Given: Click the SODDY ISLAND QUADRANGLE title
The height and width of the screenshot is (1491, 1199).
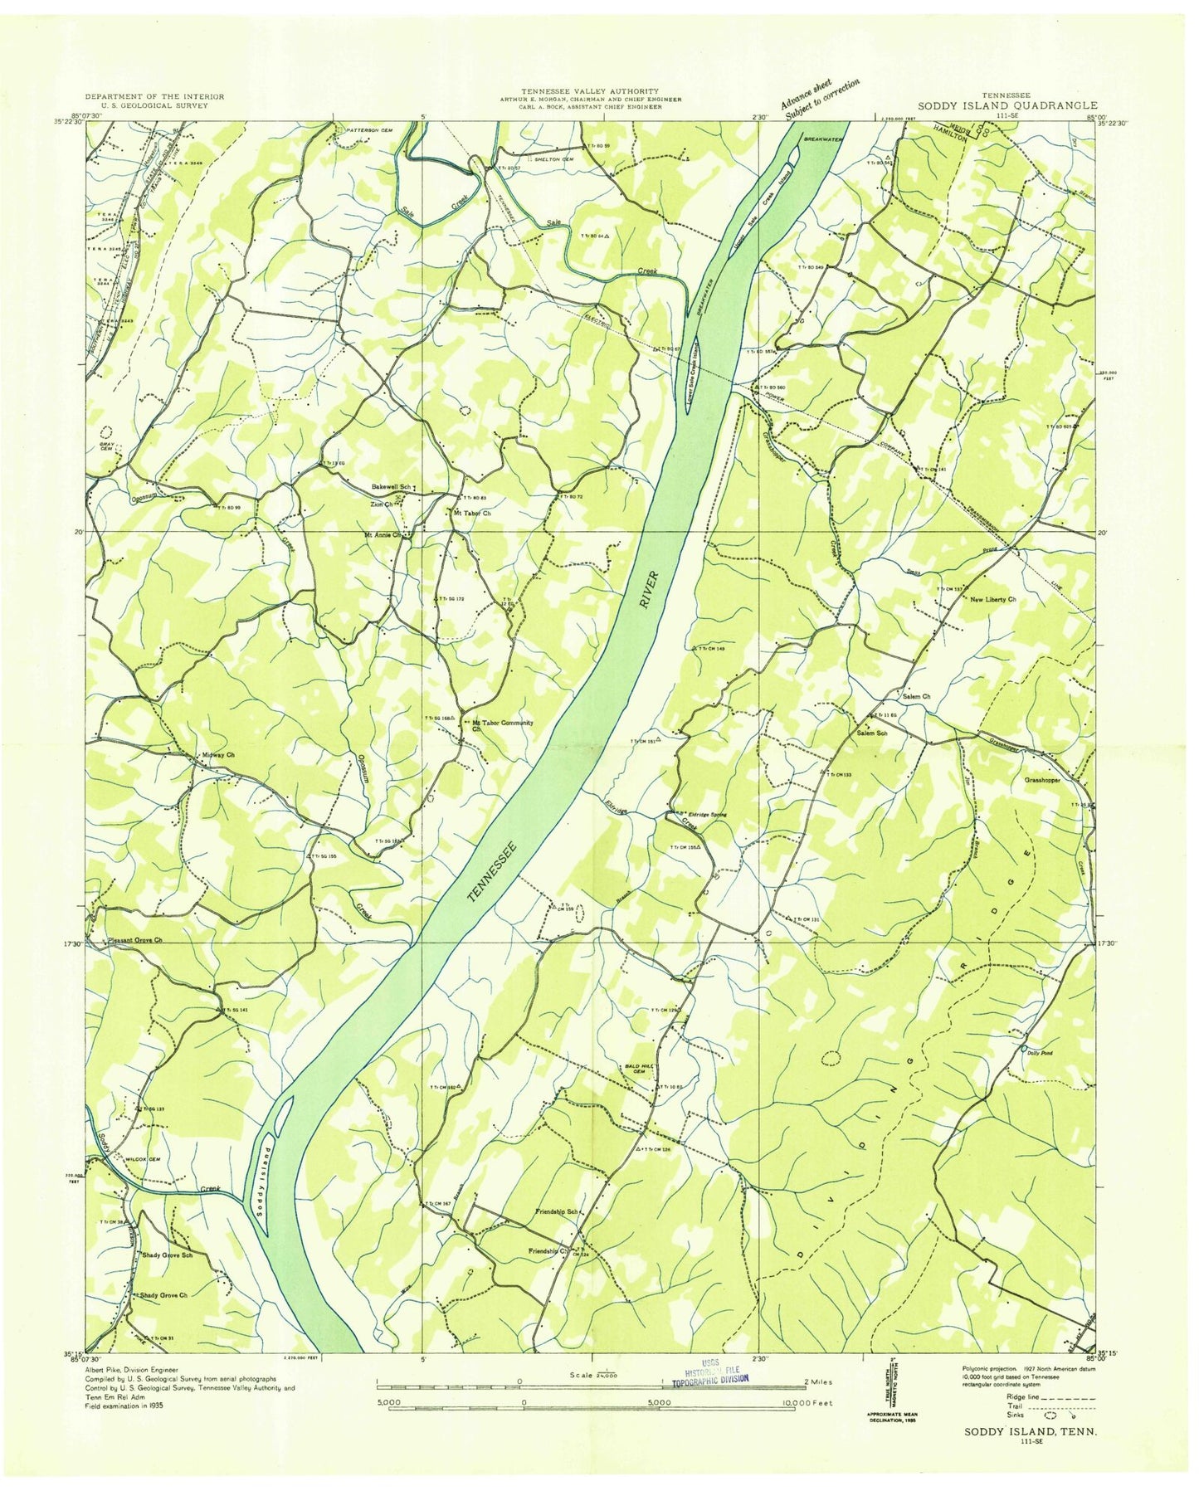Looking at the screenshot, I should click(x=1006, y=106).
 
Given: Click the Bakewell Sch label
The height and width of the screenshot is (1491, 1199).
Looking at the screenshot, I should click(x=392, y=486).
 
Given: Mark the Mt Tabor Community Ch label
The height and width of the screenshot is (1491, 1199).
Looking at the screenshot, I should click(x=501, y=726).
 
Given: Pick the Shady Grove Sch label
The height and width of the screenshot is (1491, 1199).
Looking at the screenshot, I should click(x=166, y=1255).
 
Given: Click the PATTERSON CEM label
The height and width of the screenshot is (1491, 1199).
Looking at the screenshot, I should click(x=362, y=129).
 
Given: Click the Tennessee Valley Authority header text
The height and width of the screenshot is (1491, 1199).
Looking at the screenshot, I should click(x=590, y=90).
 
